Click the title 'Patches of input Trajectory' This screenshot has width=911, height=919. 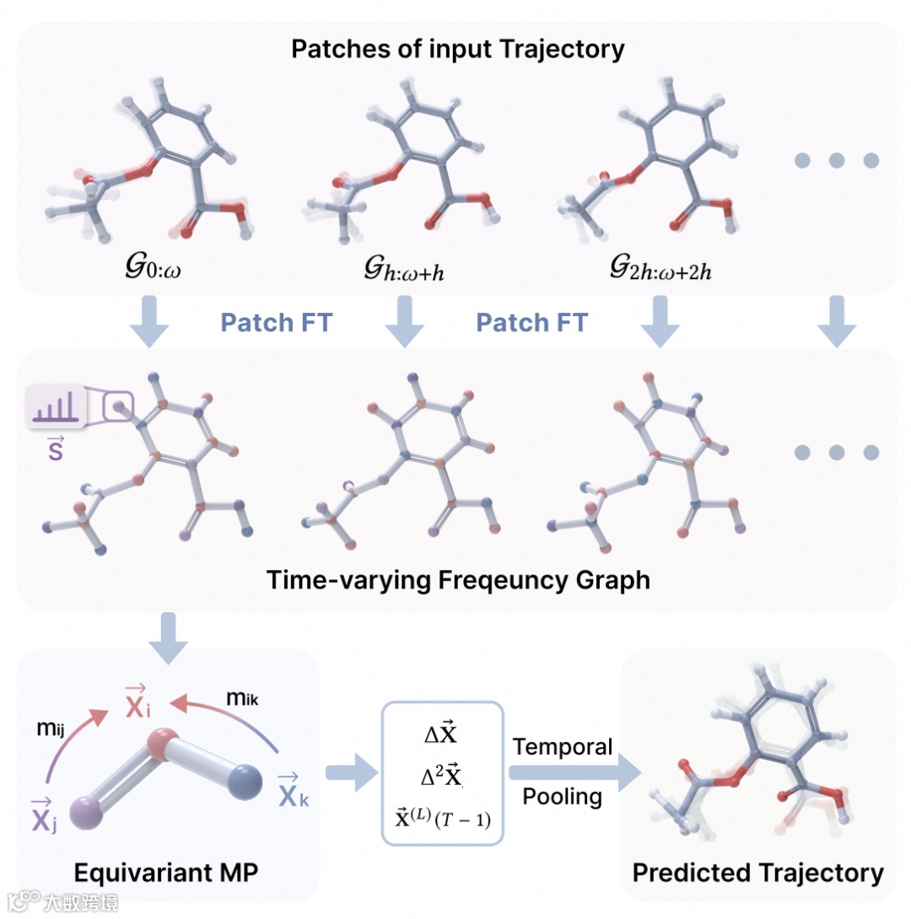[458, 48]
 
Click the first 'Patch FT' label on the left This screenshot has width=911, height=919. [276, 322]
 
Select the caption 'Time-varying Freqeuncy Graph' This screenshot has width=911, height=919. [458, 581]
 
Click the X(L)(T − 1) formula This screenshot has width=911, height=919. [444, 817]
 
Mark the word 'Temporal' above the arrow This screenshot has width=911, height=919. [563, 747]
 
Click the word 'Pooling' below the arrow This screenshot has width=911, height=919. [563, 797]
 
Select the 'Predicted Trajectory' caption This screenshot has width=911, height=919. [757, 873]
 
